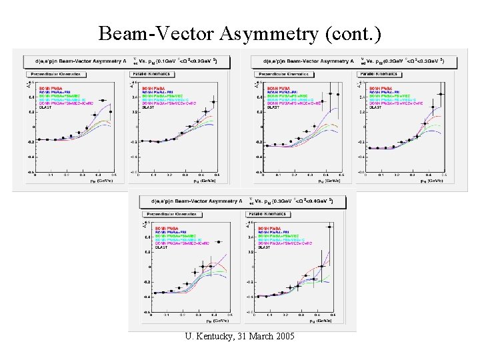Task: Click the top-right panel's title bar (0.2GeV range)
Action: click(x=357, y=61)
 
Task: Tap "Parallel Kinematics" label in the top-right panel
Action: click(x=383, y=74)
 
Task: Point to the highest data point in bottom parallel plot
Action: click(x=329, y=227)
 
